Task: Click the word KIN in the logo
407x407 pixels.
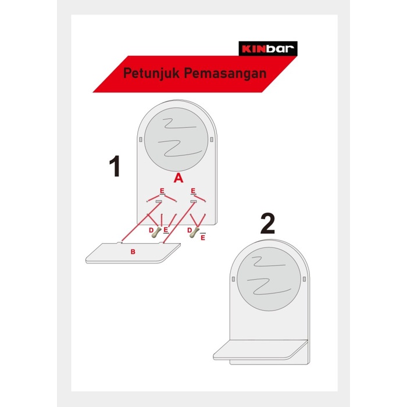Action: point(254,49)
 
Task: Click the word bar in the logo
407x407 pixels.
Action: point(280,48)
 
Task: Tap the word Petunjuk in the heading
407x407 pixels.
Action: point(151,73)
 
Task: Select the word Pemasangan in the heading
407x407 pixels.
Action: point(226,73)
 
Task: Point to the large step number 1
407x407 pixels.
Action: point(115,166)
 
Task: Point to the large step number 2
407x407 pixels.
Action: point(267,223)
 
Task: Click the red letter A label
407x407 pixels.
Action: point(178,178)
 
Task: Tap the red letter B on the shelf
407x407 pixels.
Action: point(133,252)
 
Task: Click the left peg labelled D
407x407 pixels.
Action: point(156,232)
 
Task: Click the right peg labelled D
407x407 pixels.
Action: point(195,232)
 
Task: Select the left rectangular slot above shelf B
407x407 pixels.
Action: point(159,202)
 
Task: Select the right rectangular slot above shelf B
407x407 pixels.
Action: point(194,202)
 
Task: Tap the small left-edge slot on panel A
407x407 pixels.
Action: point(141,140)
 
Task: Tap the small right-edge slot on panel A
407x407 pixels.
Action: point(212,140)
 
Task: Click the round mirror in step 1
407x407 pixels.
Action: point(176,140)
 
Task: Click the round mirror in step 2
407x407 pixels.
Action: point(269,279)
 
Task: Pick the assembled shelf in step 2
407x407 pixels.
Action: point(260,350)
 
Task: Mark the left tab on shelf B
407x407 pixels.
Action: point(119,242)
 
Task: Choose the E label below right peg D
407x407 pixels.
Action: point(203,237)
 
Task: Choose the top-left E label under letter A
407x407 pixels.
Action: point(162,191)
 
